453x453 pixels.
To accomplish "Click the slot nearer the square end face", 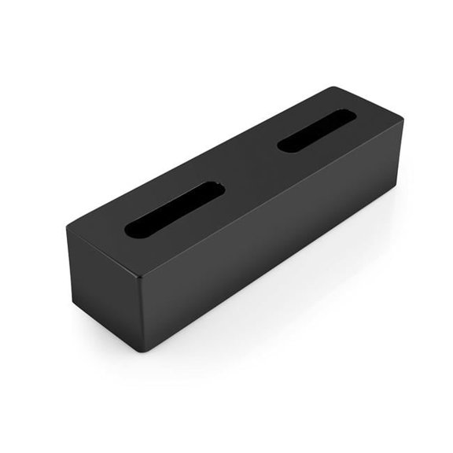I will point(175,209).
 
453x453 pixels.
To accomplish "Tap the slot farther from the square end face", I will point(316,130).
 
